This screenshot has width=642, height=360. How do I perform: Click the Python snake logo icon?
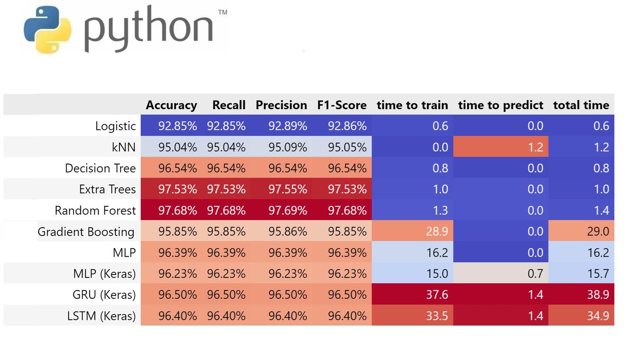[47, 29]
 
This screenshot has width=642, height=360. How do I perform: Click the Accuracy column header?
[171, 105]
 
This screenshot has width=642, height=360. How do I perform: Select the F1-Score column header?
[342, 105]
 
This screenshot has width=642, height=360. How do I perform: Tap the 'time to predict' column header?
[500, 105]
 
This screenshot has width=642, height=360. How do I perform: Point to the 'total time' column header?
[581, 105]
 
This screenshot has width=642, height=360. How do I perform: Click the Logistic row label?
[115, 126]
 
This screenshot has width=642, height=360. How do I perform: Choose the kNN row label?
[123, 147]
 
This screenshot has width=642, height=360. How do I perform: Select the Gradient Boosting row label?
[86, 232]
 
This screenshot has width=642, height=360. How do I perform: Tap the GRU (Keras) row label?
[104, 295]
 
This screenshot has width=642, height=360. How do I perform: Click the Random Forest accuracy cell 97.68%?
[177, 210]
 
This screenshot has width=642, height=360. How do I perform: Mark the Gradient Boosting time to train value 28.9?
[437, 232]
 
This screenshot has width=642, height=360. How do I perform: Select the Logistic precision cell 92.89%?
[288, 126]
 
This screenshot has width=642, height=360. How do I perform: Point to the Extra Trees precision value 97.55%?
[288, 189]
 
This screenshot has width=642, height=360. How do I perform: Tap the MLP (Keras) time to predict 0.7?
[535, 274]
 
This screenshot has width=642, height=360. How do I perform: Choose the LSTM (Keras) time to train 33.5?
[437, 316]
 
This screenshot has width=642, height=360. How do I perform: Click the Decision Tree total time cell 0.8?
[601, 168]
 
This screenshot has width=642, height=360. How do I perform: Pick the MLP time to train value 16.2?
[437, 253]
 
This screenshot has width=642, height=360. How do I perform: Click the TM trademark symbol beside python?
[222, 12]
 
